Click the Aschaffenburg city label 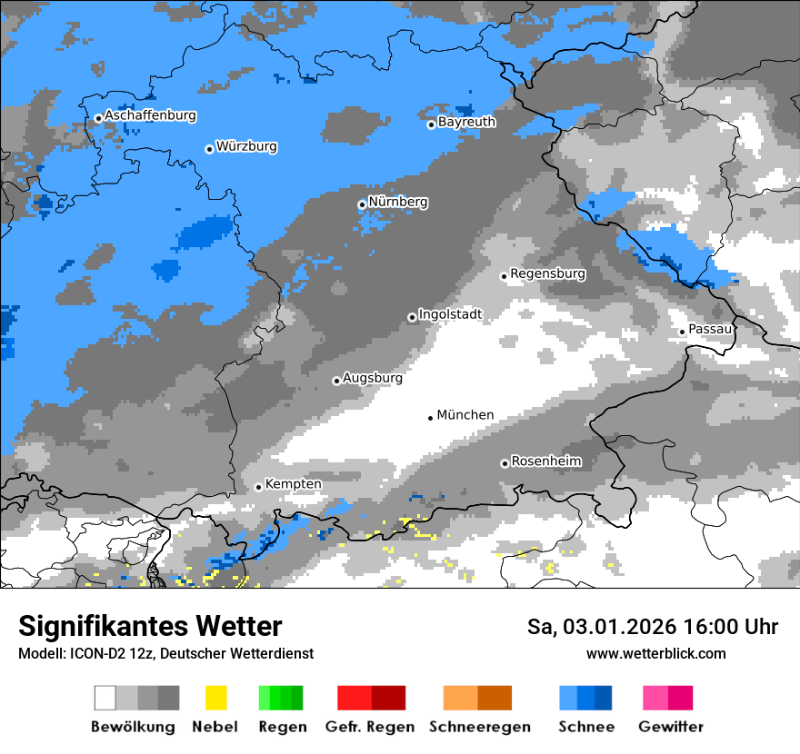coord(150,116)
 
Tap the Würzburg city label coord(246,147)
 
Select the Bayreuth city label coord(466,122)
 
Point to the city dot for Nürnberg coord(362,204)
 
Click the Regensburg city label coord(547,273)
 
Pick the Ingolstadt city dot coord(412,317)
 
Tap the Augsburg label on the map coord(372,378)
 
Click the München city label coord(465,415)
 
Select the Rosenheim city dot coord(505,463)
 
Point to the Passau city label coord(710,329)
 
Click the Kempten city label coord(293,484)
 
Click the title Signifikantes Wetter coord(150,627)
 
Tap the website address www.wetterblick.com coord(655,654)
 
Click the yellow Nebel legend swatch coord(215,698)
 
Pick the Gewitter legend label coord(670,727)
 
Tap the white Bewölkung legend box coord(105,698)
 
